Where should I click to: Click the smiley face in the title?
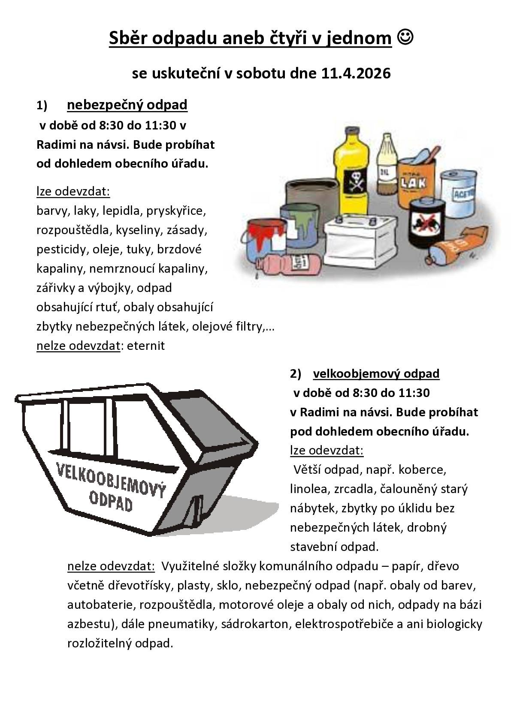pos(405,38)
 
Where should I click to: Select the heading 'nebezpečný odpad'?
pos(127,105)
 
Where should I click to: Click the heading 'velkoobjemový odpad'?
pos(376,373)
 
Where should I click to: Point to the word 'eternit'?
pos(145,346)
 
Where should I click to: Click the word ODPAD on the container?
pos(111,500)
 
